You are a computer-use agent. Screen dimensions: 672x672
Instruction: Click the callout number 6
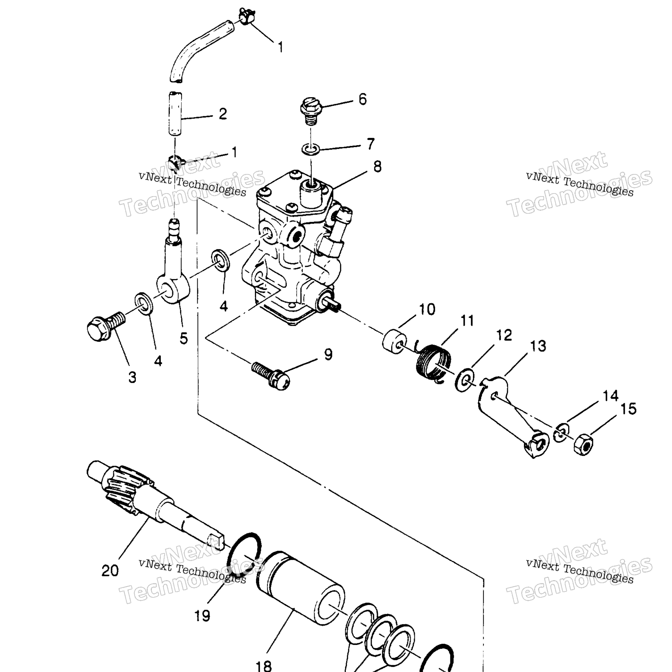tap(362, 99)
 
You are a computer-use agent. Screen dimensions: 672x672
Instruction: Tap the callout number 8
tap(377, 166)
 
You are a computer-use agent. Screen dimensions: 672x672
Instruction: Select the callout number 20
tap(110, 571)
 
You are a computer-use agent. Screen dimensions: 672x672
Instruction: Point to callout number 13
tap(538, 346)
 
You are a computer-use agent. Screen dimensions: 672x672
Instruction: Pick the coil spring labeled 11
tap(434, 363)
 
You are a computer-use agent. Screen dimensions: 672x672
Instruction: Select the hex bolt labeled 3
tap(106, 325)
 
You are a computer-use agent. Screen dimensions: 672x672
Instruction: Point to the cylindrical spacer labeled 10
tap(394, 341)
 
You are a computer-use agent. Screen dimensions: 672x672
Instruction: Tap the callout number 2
tap(223, 114)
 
